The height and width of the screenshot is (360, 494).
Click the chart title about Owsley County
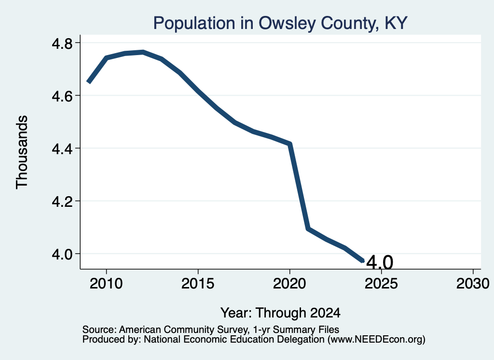tap(280, 23)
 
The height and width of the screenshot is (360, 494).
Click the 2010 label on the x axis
tap(106, 284)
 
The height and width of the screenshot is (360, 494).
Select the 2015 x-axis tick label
tap(198, 284)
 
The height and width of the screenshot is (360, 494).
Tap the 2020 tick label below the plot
tap(289, 284)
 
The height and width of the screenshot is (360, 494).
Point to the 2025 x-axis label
tap(381, 284)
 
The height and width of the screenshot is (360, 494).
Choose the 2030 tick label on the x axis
tap(473, 284)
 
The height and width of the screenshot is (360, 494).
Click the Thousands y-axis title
tap(22, 152)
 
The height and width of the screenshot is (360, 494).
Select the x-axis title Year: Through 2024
tap(280, 313)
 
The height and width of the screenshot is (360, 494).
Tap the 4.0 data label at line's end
tap(380, 262)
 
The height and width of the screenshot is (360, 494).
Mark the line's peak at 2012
tap(143, 52)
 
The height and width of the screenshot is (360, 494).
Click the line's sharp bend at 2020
tap(290, 144)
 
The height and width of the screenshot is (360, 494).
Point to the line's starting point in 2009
tap(89, 83)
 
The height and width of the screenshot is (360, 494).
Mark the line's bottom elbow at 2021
tap(308, 229)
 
